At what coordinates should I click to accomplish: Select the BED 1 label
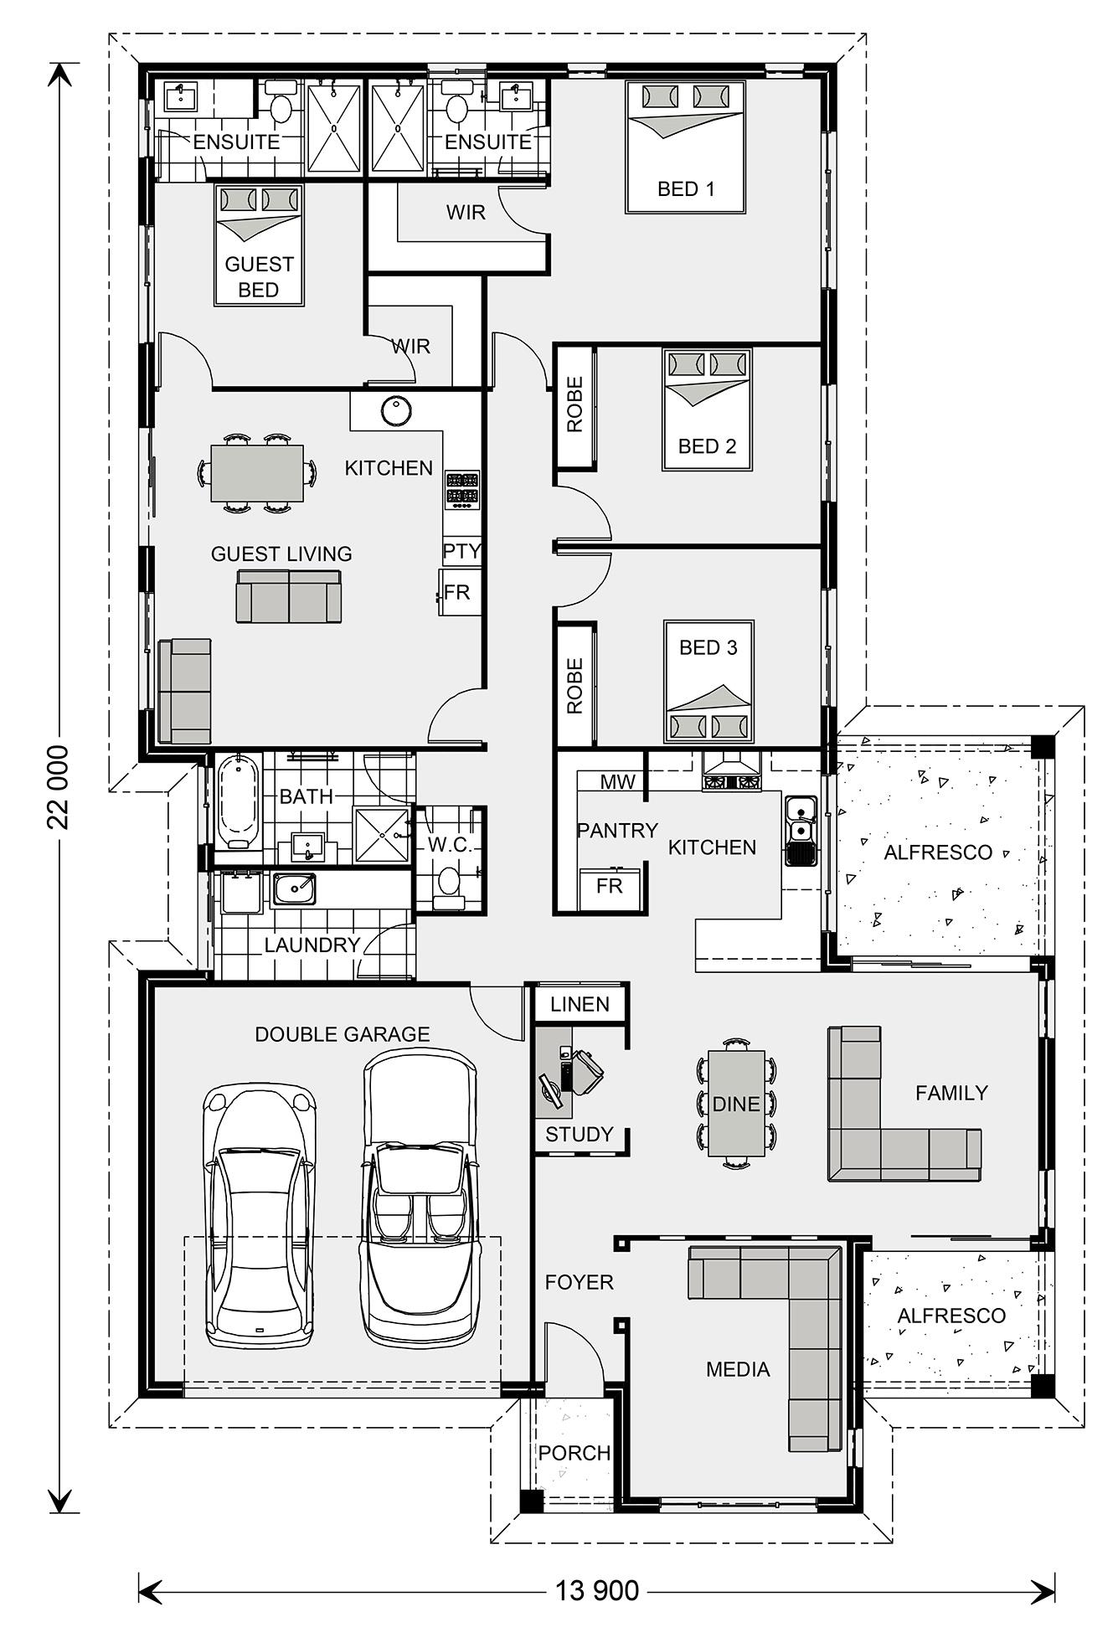coord(686,189)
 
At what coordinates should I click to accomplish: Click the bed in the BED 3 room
coord(708,682)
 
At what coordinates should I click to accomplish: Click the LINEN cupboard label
coord(580,1004)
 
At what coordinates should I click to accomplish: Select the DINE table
coord(735,1103)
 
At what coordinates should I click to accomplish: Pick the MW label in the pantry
coord(618,782)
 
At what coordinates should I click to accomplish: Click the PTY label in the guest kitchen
coord(461,551)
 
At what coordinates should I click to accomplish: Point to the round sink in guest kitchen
coord(395,410)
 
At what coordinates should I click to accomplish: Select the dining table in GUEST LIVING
coord(257,473)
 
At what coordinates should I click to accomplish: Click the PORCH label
coord(574,1453)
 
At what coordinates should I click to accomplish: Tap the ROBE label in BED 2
coord(574,404)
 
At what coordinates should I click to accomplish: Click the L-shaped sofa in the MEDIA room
coord(804,1306)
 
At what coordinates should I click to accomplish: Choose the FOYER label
coord(579,1282)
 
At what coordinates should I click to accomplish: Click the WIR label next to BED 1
coord(466,213)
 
